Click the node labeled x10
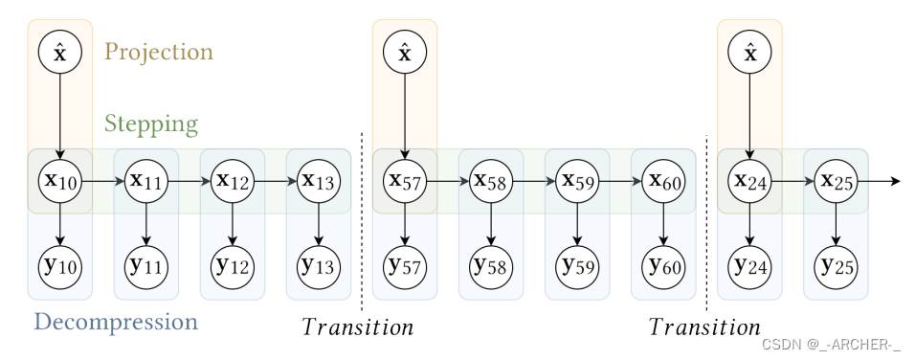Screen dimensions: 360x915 point(60,180)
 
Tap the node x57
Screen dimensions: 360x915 point(405,180)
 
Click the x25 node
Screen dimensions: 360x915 point(836,180)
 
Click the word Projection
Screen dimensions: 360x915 point(158,52)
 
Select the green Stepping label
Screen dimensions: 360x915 point(151,124)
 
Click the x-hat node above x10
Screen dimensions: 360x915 point(60,54)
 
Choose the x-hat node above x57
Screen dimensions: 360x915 point(405,54)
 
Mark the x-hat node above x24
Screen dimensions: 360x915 point(749,54)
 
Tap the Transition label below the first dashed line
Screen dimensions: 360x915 point(358,327)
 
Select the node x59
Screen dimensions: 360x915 point(577,180)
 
